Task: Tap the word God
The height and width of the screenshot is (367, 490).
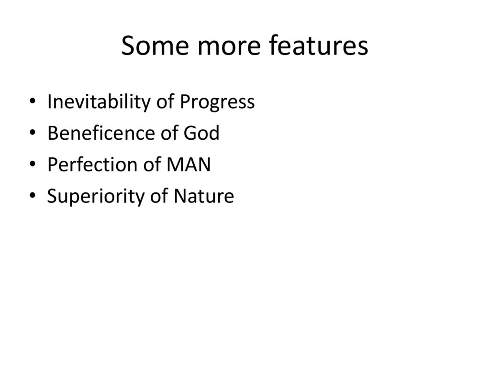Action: click(201, 133)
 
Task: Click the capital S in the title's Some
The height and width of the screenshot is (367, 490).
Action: click(128, 46)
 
